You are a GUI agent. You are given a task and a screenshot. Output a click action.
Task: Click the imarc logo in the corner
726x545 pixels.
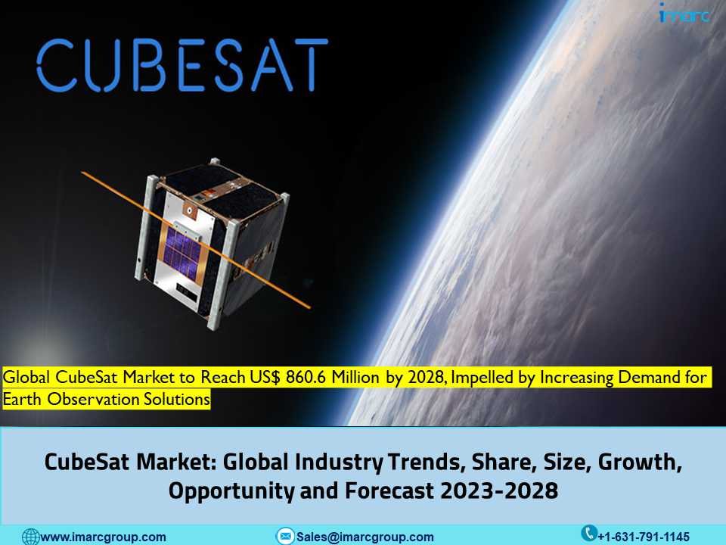[684, 13]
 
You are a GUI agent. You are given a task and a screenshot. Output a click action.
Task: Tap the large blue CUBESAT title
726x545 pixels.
[182, 65]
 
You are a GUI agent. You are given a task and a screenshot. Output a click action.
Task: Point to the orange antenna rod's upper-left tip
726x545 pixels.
[82, 173]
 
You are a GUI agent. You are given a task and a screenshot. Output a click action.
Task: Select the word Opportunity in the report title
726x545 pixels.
[231, 491]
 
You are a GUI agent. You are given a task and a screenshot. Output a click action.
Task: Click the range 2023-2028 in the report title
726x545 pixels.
[499, 490]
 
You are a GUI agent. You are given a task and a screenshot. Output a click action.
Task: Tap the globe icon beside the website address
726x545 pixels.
[31, 537]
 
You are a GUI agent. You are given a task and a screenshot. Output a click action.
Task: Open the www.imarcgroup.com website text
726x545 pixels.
[104, 537]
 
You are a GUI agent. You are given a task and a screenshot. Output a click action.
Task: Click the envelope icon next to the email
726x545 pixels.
[285, 536]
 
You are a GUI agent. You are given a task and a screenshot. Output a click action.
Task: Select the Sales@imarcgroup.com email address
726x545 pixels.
[365, 537]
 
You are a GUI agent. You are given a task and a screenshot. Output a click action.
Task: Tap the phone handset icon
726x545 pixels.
[589, 533]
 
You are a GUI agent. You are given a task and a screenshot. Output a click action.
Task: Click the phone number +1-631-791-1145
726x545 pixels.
[644, 537]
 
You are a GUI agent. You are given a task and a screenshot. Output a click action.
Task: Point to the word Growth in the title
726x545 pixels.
[640, 462]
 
